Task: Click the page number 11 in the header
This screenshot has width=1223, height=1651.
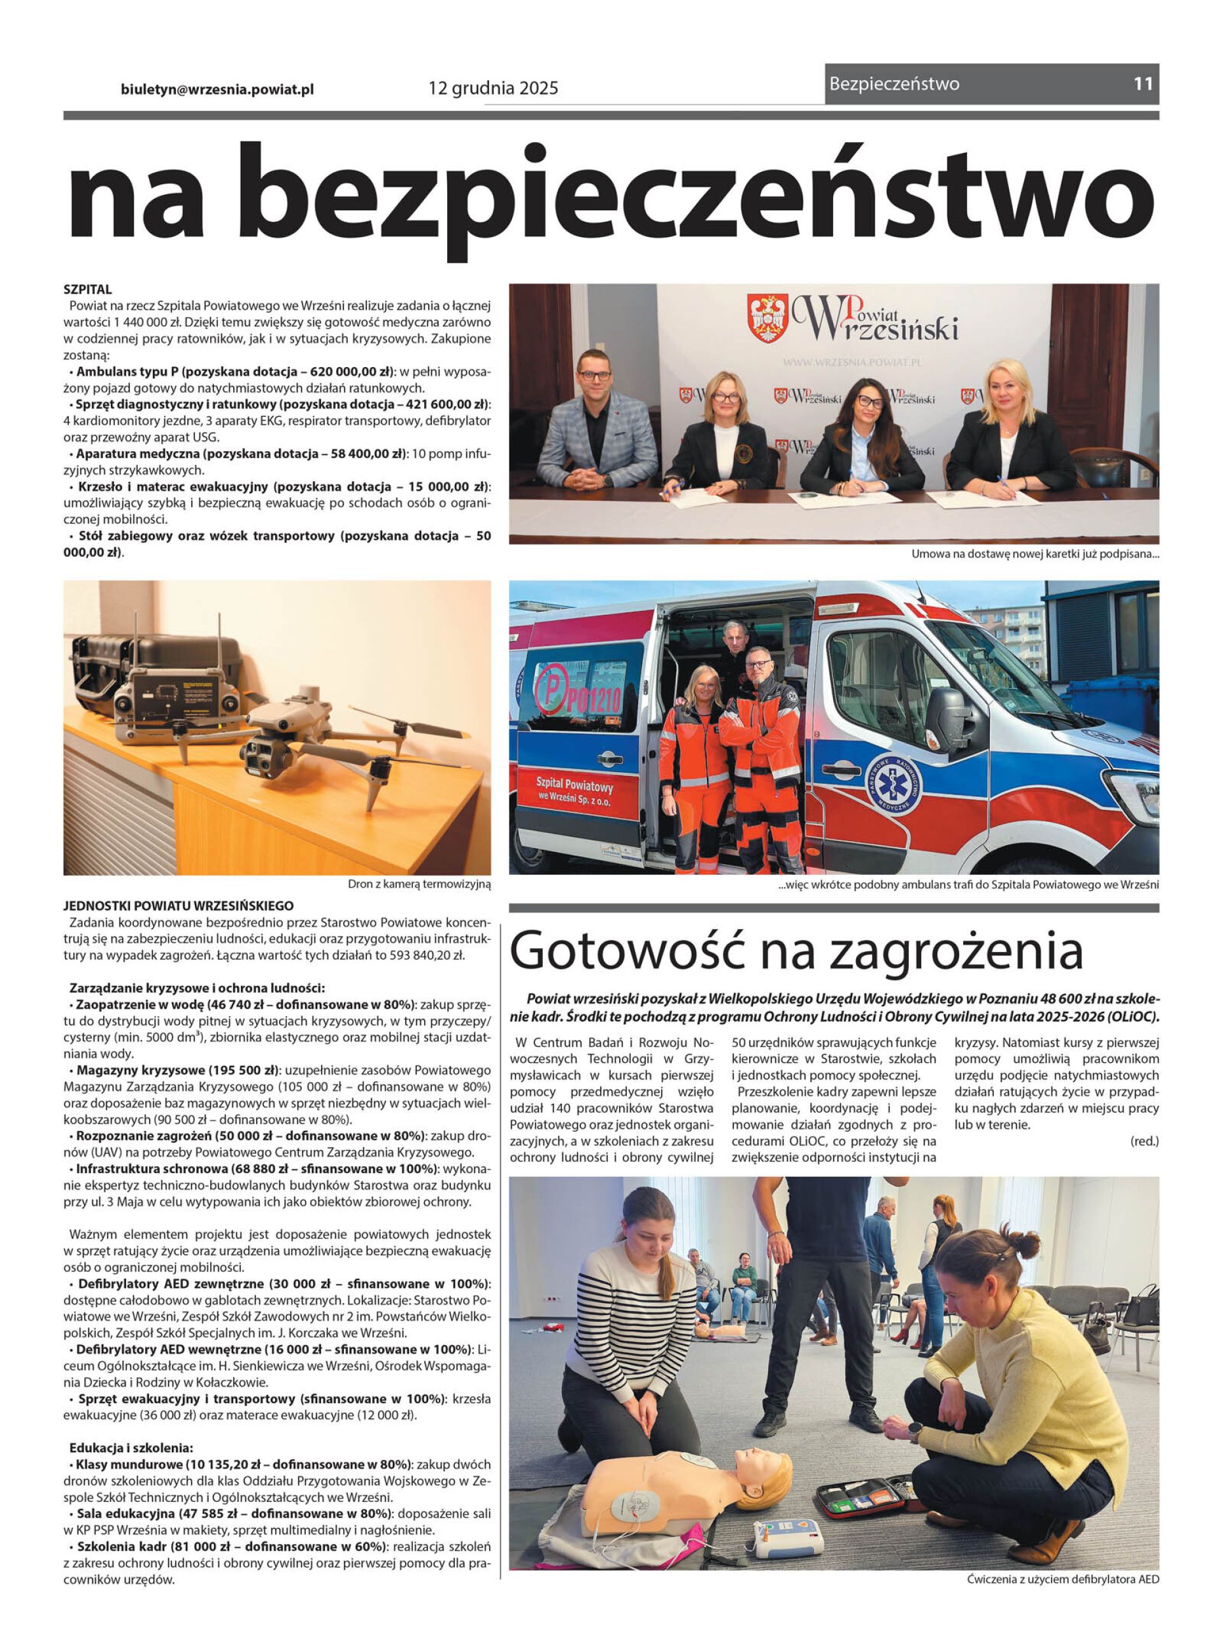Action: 1143,83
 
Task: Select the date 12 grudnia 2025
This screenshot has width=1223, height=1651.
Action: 493,89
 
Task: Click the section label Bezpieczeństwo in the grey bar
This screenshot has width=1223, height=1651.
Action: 894,83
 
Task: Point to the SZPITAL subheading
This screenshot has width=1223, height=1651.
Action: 87,289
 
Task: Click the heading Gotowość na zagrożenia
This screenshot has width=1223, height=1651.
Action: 796,952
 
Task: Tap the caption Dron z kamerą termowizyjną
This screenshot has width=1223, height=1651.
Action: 418,884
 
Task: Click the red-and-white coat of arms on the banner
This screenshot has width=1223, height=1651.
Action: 767,319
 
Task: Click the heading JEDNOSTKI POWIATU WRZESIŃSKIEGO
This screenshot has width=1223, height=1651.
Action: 178,905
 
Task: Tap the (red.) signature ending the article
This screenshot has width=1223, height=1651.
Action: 1144,1141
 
